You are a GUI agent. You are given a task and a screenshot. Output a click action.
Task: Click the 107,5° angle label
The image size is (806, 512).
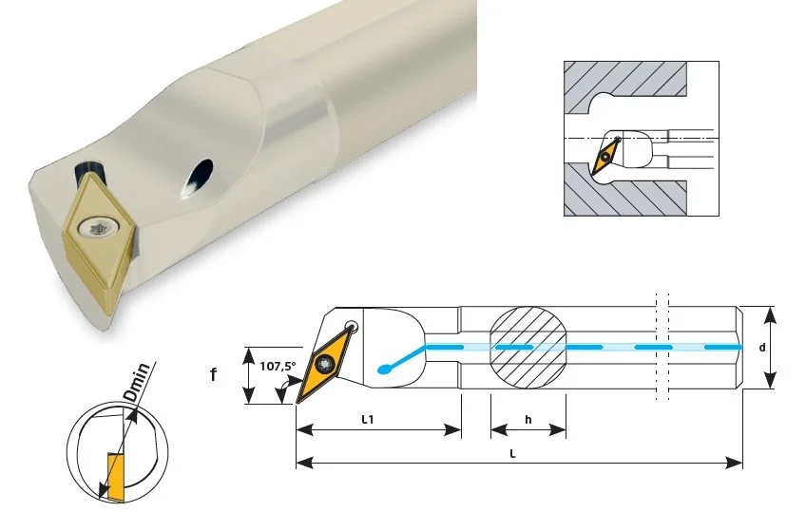[278, 366]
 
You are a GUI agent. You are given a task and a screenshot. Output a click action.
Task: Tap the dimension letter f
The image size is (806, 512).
[213, 374]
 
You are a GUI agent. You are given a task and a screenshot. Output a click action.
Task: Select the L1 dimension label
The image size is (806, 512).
[368, 419]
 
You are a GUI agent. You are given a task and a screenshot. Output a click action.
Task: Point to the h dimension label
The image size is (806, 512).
[528, 420]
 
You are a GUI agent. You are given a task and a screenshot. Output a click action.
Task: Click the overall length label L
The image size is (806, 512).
[512, 453]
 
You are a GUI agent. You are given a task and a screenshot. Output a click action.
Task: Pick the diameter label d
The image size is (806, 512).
[762, 348]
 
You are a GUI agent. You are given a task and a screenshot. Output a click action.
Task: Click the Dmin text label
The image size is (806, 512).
[138, 382]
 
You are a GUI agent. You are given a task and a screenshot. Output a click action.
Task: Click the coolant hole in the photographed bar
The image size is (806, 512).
[197, 178]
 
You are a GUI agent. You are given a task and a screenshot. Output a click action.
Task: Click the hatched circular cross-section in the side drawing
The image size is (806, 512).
[528, 349]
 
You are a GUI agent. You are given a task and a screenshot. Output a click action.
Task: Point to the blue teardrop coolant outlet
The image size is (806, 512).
[383, 369]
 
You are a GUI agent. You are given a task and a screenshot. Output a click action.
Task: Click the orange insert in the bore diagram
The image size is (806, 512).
[606, 156]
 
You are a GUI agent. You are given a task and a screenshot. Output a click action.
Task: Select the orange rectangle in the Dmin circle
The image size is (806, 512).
[116, 477]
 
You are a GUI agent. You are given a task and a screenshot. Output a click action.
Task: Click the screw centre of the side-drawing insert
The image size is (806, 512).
[325, 364]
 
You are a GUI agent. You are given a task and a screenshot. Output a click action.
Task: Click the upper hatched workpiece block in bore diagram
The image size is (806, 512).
[625, 86]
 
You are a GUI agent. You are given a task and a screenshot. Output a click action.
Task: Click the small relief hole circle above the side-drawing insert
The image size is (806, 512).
[352, 326]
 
